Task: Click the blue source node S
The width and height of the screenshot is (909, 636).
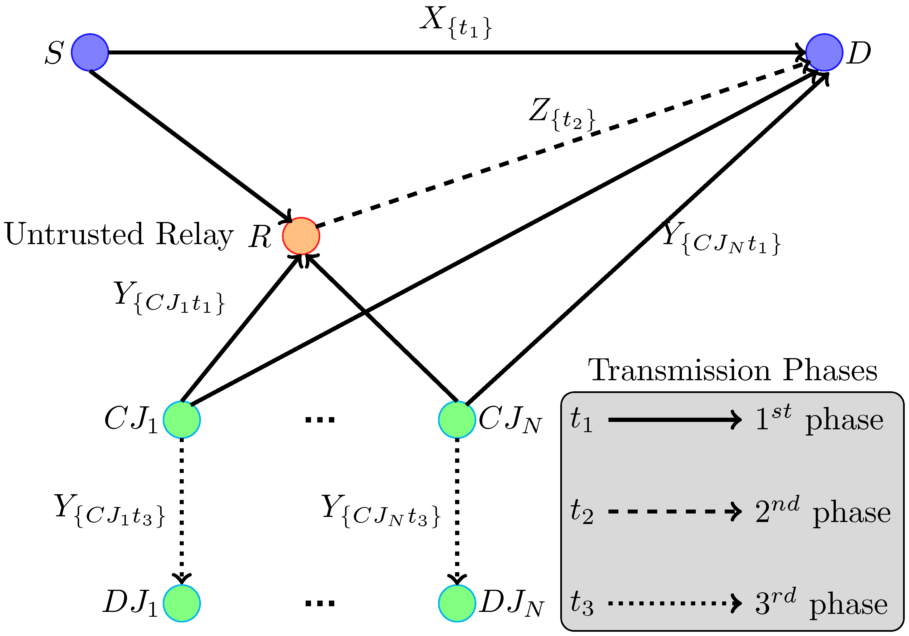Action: coord(90,52)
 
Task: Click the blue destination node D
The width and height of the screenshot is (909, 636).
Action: coord(824,52)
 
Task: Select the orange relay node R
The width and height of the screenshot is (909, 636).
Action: coord(301,236)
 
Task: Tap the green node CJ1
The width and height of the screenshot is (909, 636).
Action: coord(182,419)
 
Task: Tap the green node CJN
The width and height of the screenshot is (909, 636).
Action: coord(457,419)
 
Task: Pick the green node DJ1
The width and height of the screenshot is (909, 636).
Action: coord(182,603)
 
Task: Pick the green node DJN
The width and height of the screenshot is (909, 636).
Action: coord(457,603)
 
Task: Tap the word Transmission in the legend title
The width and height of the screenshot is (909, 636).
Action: coord(679,371)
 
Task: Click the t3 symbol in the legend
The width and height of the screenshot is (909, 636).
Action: coord(582,603)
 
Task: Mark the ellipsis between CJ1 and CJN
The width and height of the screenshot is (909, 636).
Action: coord(320,420)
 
